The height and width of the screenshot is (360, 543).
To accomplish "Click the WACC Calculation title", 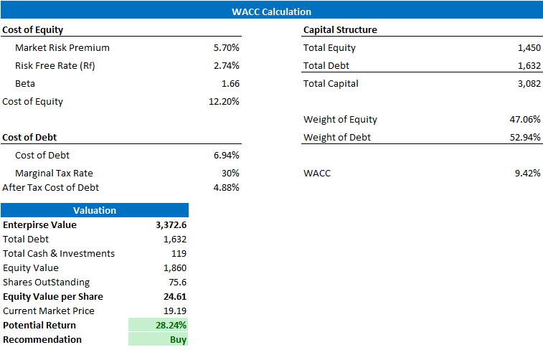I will click(271, 11).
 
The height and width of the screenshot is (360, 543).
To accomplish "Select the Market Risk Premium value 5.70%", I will click(226, 48).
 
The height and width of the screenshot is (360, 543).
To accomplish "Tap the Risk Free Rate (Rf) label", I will click(55, 66).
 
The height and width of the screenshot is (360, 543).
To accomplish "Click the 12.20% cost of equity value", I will click(224, 102).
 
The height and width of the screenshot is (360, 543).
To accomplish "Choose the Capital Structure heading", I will click(340, 30).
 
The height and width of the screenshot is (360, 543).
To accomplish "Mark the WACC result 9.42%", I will click(527, 174).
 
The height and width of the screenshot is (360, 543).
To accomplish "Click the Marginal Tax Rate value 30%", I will click(230, 174).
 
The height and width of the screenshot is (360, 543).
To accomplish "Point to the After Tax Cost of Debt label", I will click(51, 188).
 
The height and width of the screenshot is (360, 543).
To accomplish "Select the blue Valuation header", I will click(95, 210).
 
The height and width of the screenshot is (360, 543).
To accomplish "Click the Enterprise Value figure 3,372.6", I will click(171, 225).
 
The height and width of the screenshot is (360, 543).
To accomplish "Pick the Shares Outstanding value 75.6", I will click(176, 283).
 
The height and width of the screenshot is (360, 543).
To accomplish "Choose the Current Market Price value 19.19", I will click(174, 311).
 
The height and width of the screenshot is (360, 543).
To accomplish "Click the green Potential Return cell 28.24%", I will click(171, 326).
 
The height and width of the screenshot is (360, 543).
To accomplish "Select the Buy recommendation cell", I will click(178, 340).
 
